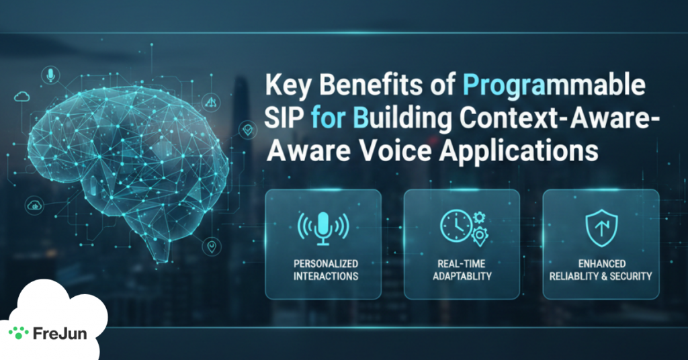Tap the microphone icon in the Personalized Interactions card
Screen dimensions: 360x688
323,226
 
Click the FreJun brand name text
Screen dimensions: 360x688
60,332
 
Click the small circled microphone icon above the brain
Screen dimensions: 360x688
49,75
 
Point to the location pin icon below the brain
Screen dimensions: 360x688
212,246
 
